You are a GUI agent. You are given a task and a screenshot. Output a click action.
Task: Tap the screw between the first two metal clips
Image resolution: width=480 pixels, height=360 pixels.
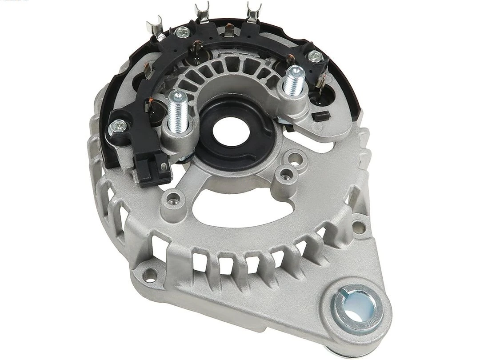181,32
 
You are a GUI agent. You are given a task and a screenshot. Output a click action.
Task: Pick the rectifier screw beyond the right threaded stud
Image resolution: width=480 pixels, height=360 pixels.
315,56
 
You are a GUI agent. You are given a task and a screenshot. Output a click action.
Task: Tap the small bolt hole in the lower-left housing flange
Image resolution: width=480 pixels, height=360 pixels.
152,272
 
